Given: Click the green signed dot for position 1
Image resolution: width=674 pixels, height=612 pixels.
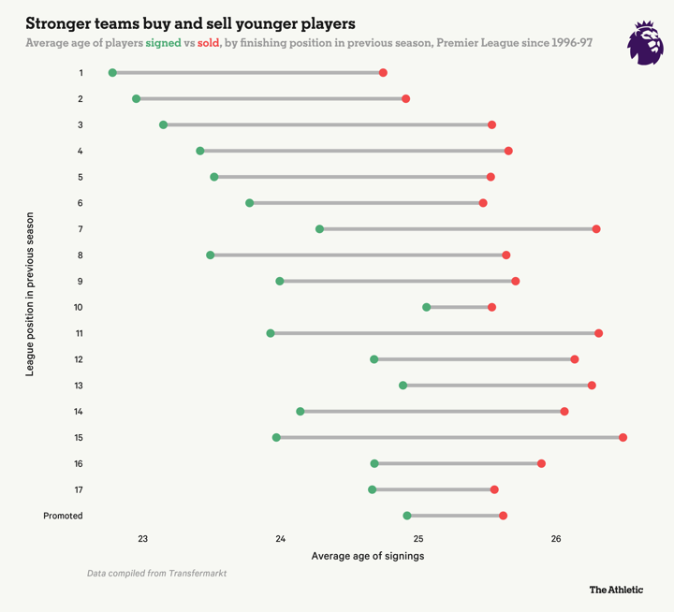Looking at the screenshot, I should (113, 73).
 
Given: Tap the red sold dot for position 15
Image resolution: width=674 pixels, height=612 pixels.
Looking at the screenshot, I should (623, 438).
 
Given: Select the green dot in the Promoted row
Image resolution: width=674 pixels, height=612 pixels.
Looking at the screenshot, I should (407, 516).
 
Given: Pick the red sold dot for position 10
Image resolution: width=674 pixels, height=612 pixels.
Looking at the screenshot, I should (491, 307).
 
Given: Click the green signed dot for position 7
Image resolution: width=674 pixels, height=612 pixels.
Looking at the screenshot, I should (320, 229).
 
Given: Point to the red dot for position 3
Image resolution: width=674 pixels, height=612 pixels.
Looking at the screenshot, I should (491, 124).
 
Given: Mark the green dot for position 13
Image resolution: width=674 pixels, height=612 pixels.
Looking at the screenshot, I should (403, 386).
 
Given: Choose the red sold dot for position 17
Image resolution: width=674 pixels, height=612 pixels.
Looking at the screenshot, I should (494, 489).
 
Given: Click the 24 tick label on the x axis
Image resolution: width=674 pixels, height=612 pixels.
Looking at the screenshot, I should (281, 538).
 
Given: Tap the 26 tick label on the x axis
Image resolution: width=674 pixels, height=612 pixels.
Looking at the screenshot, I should (556, 538).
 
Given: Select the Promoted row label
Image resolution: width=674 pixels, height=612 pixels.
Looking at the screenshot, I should (63, 516).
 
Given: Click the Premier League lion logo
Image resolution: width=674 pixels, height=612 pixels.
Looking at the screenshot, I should (644, 44).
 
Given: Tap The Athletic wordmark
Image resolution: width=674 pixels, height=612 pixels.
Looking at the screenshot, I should (615, 590).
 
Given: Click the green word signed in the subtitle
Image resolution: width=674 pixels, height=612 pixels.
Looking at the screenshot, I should (163, 43).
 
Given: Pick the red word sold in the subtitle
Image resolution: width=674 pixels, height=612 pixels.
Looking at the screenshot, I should (208, 43).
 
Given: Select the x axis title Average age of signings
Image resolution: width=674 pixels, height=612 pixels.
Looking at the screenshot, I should (367, 557).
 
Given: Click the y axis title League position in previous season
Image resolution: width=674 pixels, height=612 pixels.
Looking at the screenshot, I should (30, 294).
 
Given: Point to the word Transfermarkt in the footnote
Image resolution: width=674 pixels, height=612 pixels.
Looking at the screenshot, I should (197, 572).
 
